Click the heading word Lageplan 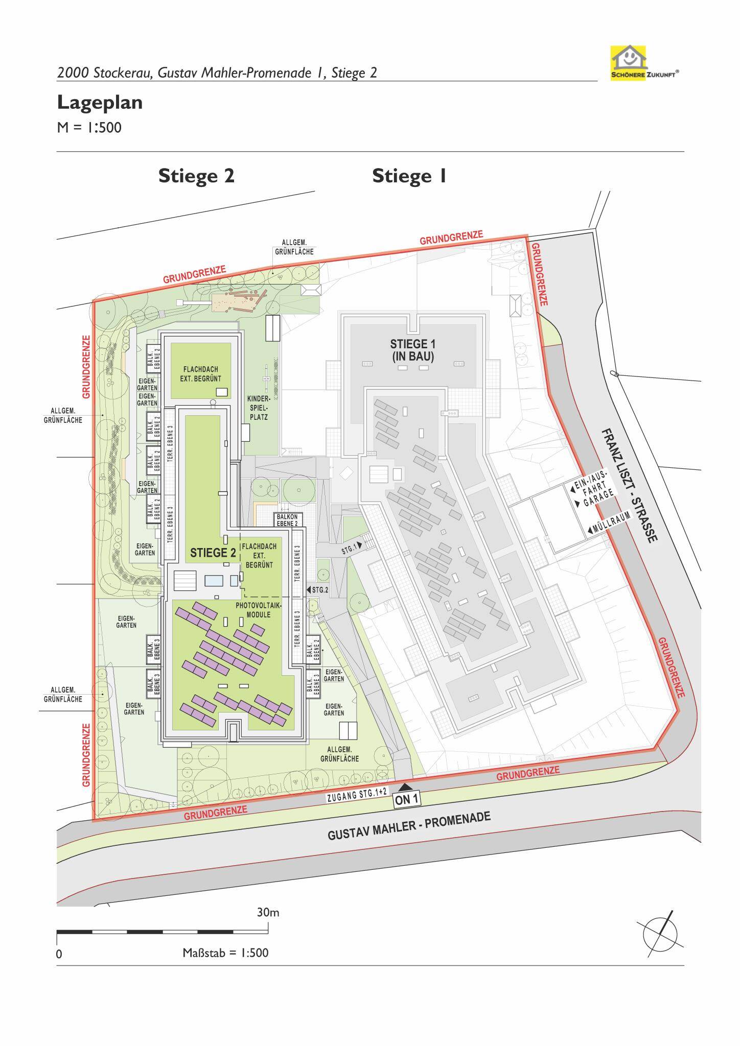(x=100, y=103)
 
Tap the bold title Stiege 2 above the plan (x=196, y=176)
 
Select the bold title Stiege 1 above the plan (x=409, y=176)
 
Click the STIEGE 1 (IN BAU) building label (x=413, y=350)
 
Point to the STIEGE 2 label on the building (x=213, y=553)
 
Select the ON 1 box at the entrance (x=407, y=799)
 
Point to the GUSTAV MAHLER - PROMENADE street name (x=409, y=826)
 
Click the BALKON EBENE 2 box (x=288, y=519)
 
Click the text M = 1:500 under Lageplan (x=89, y=128)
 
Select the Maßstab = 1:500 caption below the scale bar (x=225, y=953)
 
